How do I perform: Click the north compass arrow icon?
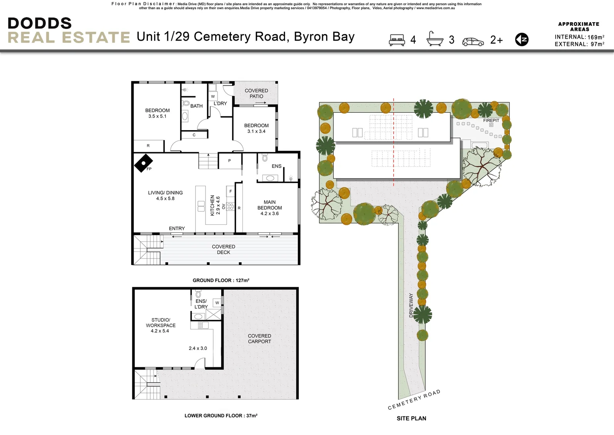pos(522,39)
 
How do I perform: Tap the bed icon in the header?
pos(397,40)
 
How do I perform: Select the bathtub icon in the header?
pos(435,39)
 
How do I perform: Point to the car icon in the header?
pos(473,41)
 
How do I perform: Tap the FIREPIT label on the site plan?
pos(491,120)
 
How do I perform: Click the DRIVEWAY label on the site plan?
pos(411,305)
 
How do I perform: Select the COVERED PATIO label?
pos(256,93)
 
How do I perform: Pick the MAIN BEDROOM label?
pos(269,205)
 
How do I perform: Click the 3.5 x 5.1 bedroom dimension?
pos(157,116)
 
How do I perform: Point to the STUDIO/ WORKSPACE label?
pos(160,323)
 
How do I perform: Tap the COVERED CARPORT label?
pos(259,339)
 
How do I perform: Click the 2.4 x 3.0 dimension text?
pos(198,348)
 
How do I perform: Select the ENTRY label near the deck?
pos(177,228)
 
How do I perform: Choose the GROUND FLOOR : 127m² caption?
pos(221,280)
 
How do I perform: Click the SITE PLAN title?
pos(411,418)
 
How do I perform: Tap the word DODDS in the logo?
pos(39,23)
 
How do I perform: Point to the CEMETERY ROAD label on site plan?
pos(414,400)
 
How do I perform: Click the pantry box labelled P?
pos(230,161)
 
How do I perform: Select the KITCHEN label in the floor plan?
pos(212,205)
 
